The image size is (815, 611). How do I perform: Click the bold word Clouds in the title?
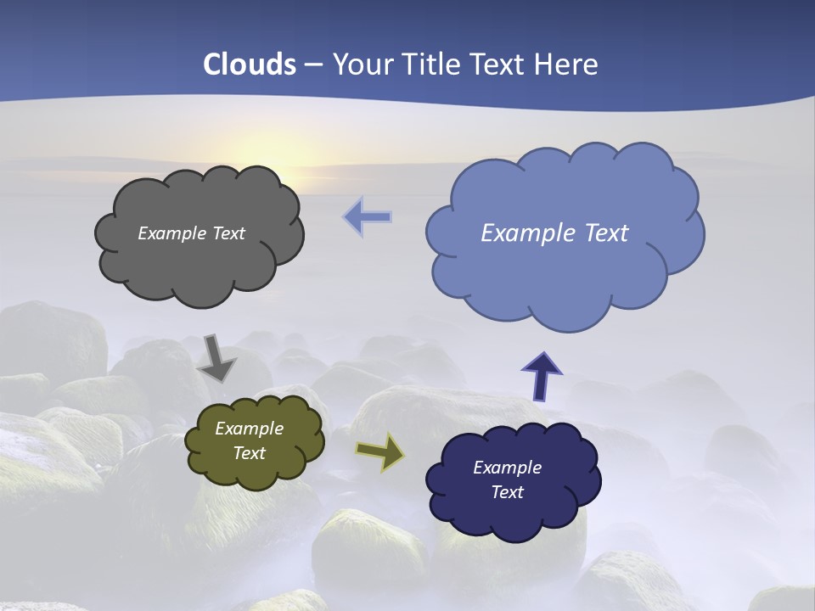pos(249,64)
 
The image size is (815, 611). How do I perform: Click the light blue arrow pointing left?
pos(368,217)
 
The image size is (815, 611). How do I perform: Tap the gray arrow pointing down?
pos(217,358)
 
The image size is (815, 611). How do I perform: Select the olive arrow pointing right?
pos(379,451)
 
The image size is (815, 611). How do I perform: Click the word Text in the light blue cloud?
pos(599,233)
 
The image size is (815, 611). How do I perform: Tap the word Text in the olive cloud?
pos(249,453)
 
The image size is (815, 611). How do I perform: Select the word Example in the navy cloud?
pos(507,468)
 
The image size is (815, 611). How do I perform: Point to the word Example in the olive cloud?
pos(249,429)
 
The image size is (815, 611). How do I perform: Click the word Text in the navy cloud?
pos(507,492)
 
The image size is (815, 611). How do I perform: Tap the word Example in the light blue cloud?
pos(522,233)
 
